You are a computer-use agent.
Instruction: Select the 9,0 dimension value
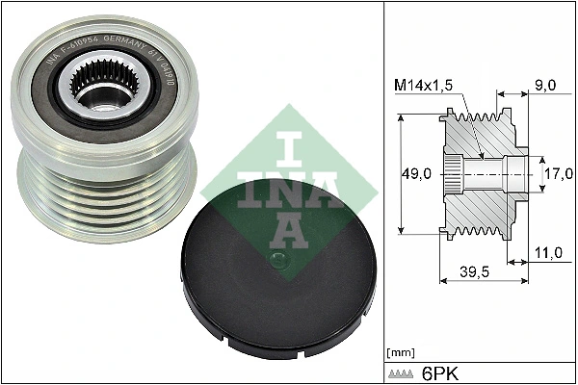546,85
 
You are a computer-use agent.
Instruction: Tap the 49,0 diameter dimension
415,174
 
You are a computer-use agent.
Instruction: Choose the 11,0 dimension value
546,253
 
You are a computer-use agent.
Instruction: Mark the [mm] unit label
398,351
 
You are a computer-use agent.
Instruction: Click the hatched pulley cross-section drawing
482,173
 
